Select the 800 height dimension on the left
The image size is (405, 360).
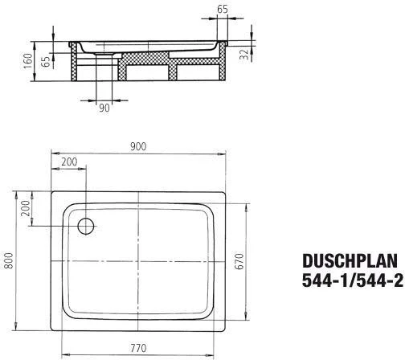(9, 262)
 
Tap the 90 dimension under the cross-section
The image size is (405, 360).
(104, 108)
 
